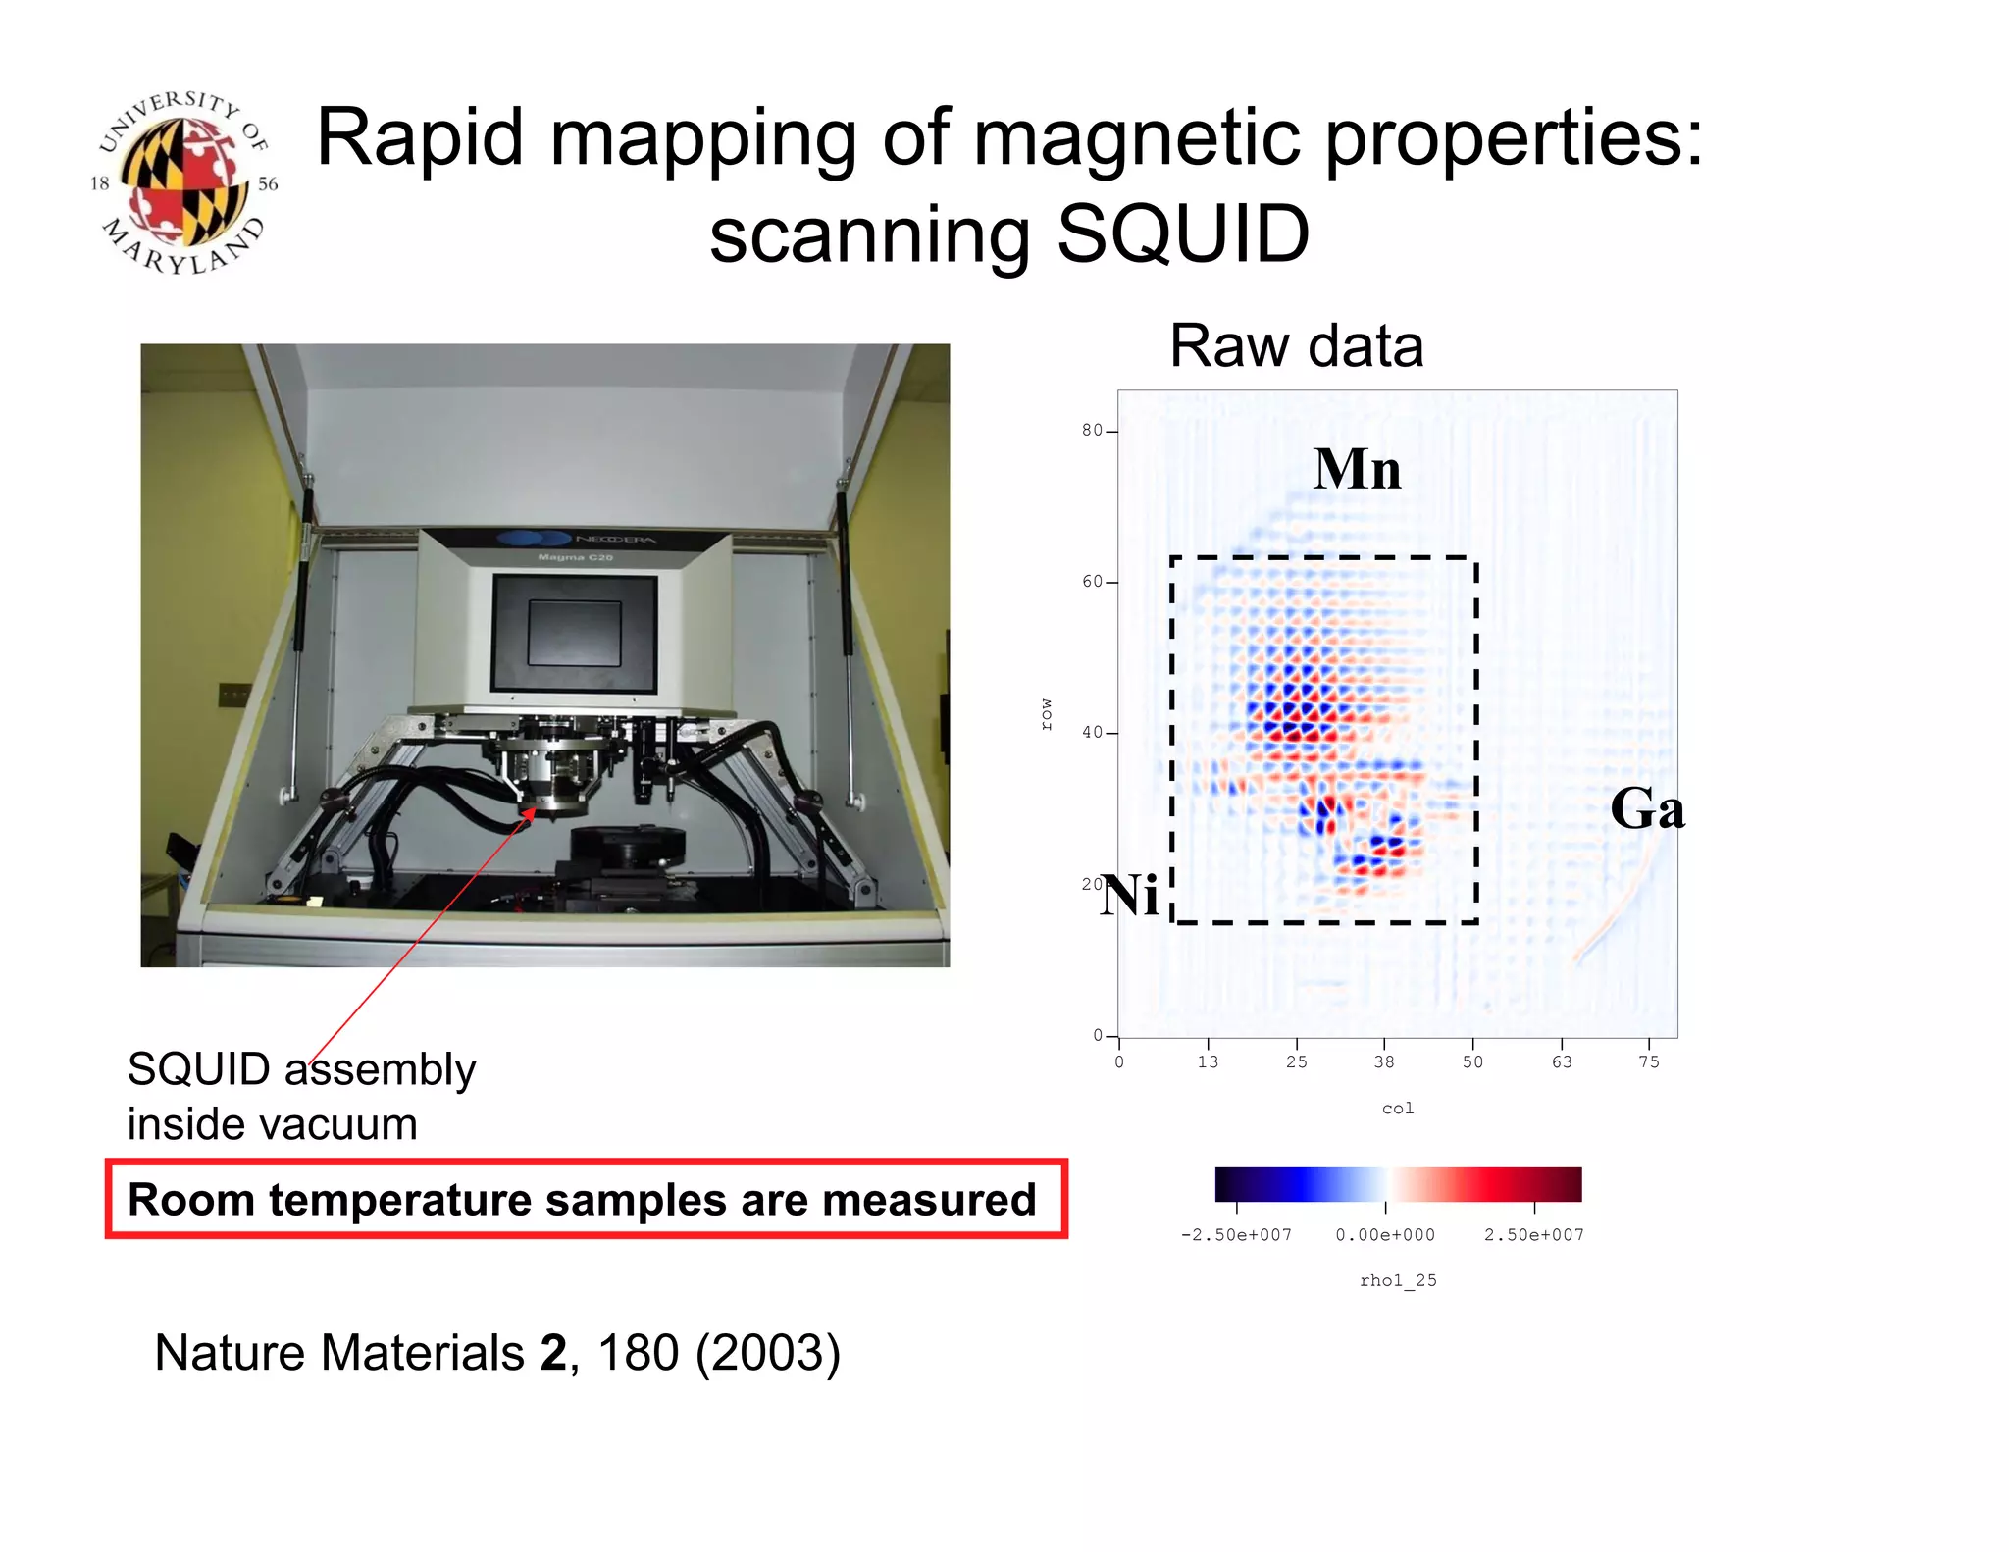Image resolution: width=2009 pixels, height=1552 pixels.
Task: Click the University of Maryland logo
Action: (x=183, y=183)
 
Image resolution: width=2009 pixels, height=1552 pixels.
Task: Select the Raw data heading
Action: (x=1296, y=346)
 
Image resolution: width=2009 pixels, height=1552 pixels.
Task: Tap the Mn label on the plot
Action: (x=1357, y=469)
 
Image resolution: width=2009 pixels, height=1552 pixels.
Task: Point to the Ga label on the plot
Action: (x=1647, y=810)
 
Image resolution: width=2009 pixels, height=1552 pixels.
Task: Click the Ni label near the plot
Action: (x=1130, y=896)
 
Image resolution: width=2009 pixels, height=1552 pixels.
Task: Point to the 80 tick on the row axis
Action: (x=1092, y=431)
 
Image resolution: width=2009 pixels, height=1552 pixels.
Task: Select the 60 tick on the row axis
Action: (x=1092, y=582)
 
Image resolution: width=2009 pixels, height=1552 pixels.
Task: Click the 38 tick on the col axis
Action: (x=1383, y=1062)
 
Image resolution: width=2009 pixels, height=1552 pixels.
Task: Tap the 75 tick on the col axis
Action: (x=1649, y=1062)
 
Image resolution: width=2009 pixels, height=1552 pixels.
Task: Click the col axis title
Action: (x=1397, y=1109)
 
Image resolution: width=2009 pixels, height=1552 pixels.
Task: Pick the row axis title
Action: (x=1047, y=714)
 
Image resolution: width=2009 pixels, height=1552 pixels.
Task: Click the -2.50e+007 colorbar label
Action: (x=1236, y=1235)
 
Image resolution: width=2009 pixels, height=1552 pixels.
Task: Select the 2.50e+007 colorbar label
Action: (x=1533, y=1235)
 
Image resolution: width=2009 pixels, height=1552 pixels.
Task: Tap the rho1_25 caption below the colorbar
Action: (x=1397, y=1280)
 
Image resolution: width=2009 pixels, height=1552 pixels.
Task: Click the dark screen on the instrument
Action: (x=574, y=634)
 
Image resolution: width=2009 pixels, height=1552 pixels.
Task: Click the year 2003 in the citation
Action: (x=767, y=1354)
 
